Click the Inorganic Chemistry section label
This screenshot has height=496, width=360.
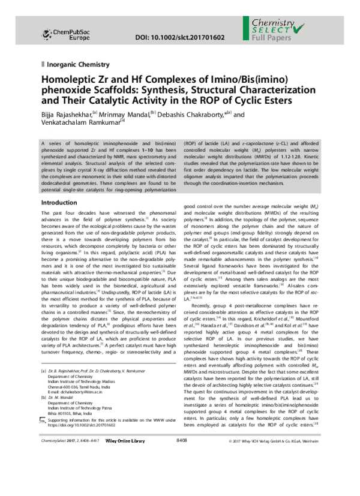coord(76,64)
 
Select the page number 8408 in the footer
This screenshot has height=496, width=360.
coord(181,474)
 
